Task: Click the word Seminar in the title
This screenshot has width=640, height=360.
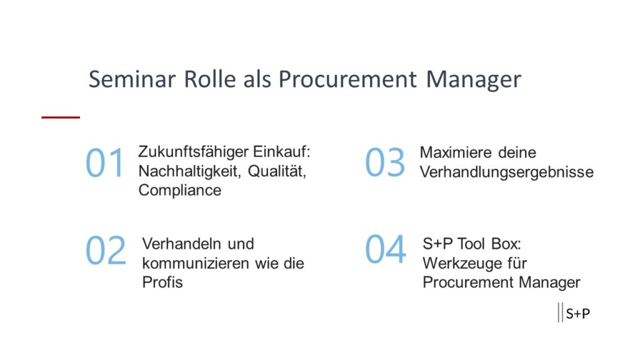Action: (132, 79)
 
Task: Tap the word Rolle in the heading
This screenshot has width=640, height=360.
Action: (210, 79)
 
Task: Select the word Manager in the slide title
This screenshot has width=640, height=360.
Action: (474, 79)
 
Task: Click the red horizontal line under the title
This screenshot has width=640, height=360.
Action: (61, 117)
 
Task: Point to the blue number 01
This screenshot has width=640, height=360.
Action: (104, 162)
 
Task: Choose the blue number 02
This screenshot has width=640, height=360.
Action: (106, 250)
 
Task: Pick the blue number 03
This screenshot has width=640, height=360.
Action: (385, 162)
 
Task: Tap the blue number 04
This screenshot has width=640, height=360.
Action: (385, 249)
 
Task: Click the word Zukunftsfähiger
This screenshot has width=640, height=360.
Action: (193, 152)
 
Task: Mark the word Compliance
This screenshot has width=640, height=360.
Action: (179, 191)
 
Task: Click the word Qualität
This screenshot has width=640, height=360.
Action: (277, 171)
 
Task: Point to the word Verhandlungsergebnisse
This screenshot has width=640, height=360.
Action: (506, 172)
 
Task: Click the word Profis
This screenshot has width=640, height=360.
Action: (162, 282)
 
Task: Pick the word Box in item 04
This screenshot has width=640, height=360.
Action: (506, 244)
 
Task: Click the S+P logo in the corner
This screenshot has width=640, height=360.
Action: (574, 312)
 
